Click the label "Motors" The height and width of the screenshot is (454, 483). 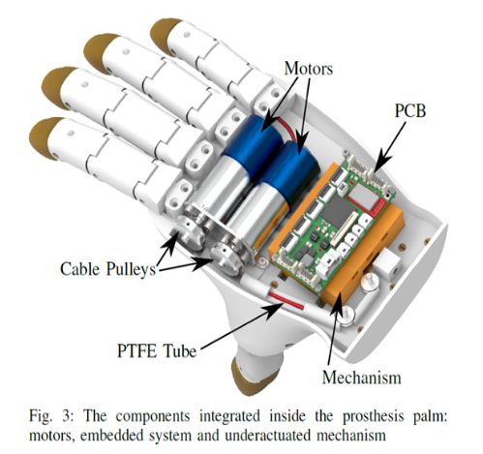tap(309, 69)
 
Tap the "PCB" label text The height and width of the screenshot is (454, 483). tap(410, 110)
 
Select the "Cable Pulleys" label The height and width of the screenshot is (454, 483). tap(108, 269)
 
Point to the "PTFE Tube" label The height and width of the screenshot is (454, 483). tap(157, 350)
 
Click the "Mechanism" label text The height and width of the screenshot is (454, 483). tap(362, 378)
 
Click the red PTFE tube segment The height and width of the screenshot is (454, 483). tap(286, 300)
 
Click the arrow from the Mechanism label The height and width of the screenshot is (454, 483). tap(334, 332)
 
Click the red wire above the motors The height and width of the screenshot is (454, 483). tap(288, 130)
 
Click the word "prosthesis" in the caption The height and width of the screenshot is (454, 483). tap(373, 416)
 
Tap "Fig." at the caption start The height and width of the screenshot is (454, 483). tap(41, 416)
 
